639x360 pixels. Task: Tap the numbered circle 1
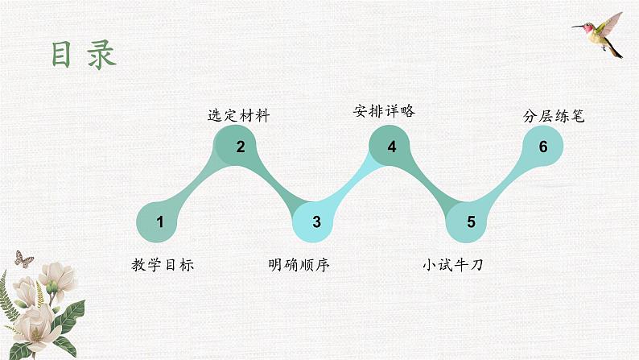point(159,222)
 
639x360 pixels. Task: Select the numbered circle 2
point(240,146)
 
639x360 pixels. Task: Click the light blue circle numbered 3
point(316,222)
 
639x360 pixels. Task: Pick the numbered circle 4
point(392,146)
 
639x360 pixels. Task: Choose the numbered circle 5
point(471,222)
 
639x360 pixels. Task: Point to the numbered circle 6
point(543,146)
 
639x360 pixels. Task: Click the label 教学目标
point(163,264)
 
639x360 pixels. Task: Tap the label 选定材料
point(239,116)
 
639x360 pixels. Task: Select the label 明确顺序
point(299,264)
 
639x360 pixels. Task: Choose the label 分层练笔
point(551,116)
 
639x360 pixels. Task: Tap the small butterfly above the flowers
point(24,259)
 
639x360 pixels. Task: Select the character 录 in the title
point(102,54)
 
